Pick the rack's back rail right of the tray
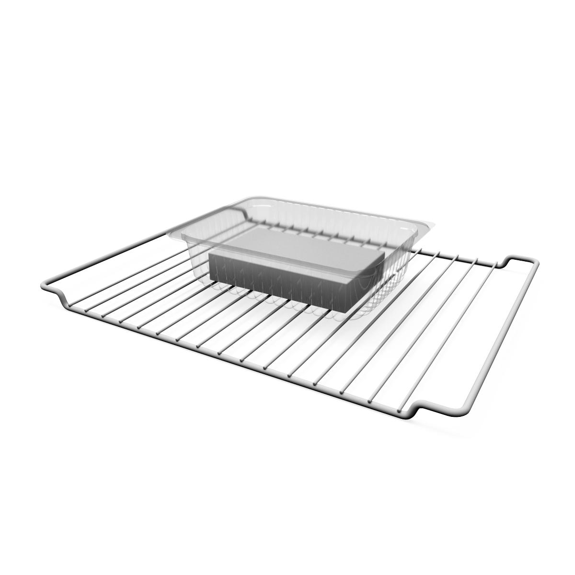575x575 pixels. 460,256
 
